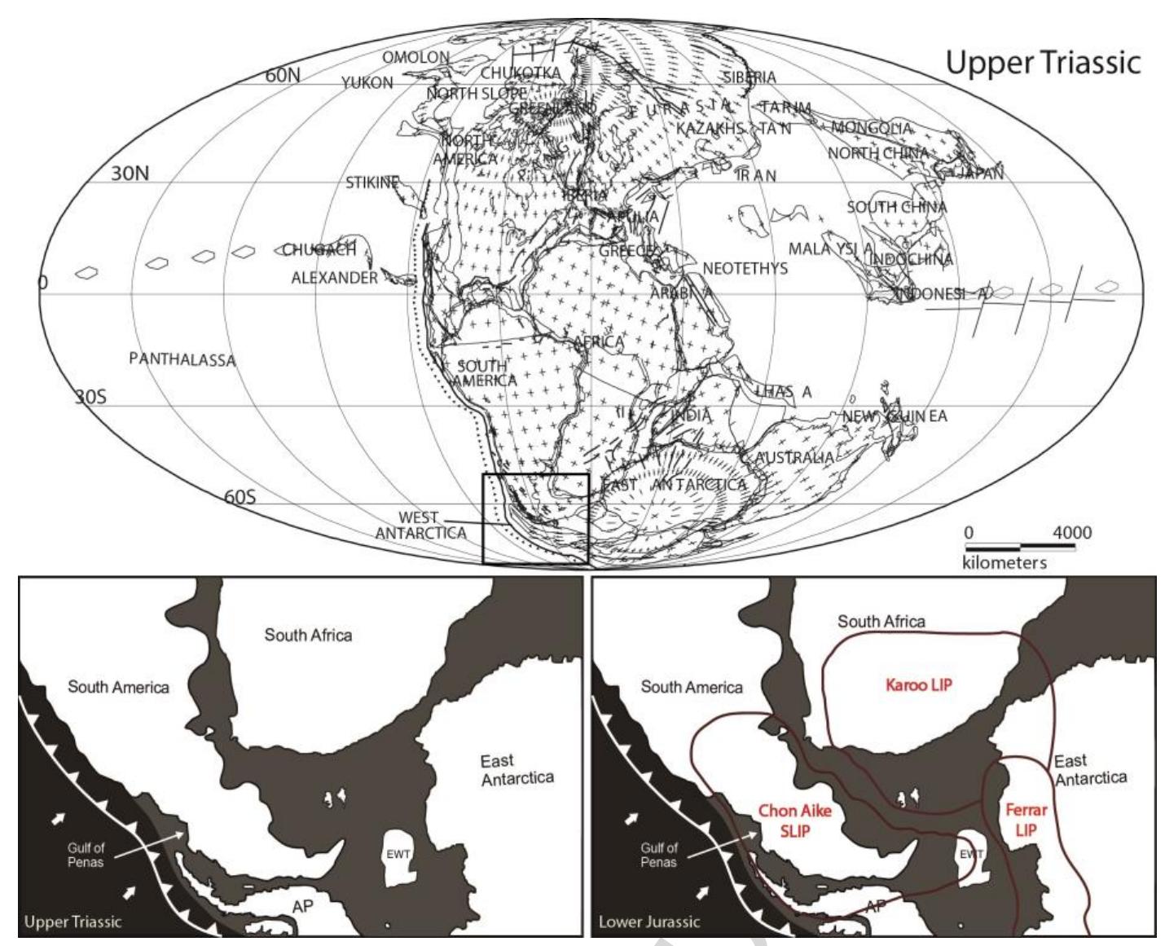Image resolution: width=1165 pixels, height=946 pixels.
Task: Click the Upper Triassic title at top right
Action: (1043, 63)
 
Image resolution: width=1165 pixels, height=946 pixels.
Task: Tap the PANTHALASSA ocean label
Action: (182, 359)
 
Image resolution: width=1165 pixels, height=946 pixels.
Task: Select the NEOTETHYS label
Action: (745, 268)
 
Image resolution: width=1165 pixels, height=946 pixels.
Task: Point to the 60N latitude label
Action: (283, 76)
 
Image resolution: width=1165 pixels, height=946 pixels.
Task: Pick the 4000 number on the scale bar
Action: (1071, 533)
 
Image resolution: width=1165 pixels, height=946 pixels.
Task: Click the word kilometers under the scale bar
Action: (1004, 562)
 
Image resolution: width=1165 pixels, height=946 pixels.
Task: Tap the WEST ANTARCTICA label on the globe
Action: (420, 526)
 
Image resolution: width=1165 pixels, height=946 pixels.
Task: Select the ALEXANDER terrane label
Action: (334, 278)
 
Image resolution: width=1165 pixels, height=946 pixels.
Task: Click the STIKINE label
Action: (371, 183)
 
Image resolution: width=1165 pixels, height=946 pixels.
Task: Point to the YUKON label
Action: (367, 82)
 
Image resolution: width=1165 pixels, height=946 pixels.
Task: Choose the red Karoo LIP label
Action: (918, 685)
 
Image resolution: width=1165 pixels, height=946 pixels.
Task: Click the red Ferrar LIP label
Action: (1026, 820)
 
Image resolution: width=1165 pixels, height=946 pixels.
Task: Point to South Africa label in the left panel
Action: (308, 635)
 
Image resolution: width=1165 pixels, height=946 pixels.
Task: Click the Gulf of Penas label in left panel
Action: (86, 855)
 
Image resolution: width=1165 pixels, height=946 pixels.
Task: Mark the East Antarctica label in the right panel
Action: (1090, 769)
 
